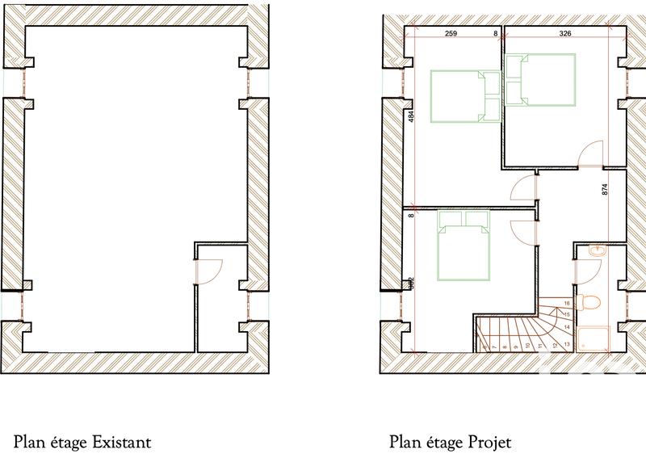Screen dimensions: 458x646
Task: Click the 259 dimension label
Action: coord(451,34)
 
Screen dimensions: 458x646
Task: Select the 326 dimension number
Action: coord(565,34)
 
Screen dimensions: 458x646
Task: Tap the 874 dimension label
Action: coord(604,191)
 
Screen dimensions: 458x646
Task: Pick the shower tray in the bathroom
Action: coord(594,337)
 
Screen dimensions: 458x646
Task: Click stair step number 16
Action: coord(567,303)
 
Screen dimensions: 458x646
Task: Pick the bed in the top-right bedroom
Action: coord(541,79)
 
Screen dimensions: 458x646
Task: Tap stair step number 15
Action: coord(567,313)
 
